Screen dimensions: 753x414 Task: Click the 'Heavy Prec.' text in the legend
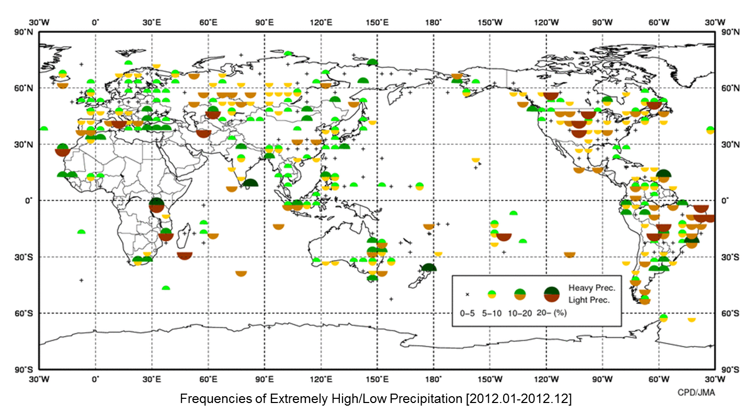(591, 288)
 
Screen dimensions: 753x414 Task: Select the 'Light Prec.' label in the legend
(589, 300)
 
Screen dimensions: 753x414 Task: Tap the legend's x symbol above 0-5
(467, 295)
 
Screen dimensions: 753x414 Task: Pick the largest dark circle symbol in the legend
(551, 295)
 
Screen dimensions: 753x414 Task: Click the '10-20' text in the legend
(520, 314)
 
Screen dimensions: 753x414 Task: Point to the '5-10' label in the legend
(492, 314)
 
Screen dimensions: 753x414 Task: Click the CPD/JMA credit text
(696, 393)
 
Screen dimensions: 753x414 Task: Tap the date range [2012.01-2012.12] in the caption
(519, 399)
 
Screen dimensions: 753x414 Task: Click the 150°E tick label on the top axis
(377, 23)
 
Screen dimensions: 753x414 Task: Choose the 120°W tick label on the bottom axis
(546, 379)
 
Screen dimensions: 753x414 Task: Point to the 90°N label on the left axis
(24, 32)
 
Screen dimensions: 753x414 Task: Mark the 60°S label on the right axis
(730, 314)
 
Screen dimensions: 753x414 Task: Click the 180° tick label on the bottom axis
(433, 379)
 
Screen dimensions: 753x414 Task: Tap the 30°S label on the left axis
(24, 258)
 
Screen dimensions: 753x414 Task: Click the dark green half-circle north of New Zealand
(429, 267)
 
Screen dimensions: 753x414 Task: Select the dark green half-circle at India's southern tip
(250, 183)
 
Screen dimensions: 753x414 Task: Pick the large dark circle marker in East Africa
(156, 205)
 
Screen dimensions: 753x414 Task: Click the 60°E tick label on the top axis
(209, 23)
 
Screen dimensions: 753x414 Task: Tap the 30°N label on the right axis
(730, 145)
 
